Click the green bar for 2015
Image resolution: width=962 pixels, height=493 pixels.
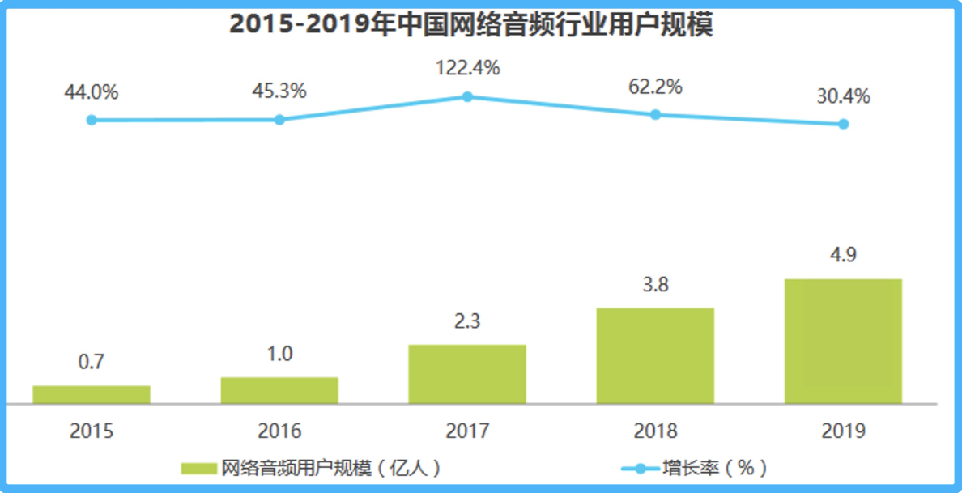(x=92, y=395)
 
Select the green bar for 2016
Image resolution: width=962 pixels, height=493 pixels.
(x=279, y=390)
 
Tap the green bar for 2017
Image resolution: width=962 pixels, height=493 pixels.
(x=467, y=374)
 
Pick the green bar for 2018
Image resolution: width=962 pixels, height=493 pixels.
(x=655, y=356)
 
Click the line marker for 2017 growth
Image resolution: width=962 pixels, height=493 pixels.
(x=467, y=97)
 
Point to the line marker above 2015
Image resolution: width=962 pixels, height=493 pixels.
(x=92, y=120)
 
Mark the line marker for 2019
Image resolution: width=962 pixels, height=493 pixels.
(x=843, y=124)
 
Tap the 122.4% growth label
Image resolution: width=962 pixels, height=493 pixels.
(x=468, y=68)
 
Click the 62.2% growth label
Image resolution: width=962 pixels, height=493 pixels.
(x=655, y=87)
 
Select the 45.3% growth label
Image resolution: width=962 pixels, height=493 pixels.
(x=279, y=91)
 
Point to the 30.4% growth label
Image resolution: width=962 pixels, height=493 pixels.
(x=843, y=96)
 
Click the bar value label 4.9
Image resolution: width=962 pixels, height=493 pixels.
(x=843, y=255)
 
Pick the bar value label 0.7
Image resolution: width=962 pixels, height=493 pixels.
(x=91, y=361)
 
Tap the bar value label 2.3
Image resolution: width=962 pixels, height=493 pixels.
(x=467, y=321)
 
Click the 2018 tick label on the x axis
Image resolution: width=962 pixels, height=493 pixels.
(x=655, y=431)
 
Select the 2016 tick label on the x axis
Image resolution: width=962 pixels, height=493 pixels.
(x=279, y=431)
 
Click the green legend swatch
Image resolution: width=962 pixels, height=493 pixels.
(x=199, y=469)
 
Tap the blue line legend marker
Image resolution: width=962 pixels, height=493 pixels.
(x=641, y=469)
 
